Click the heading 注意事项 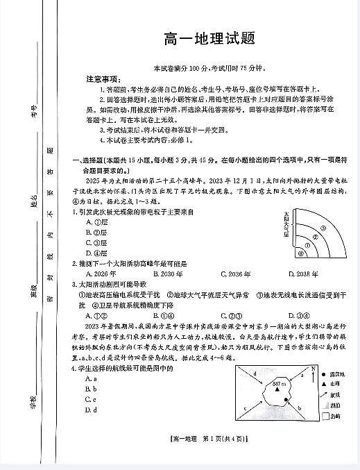[x=102, y=78]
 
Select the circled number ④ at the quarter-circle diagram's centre [x=300, y=253]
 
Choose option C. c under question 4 [x=89, y=399]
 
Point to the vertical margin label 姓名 [x=33, y=201]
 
